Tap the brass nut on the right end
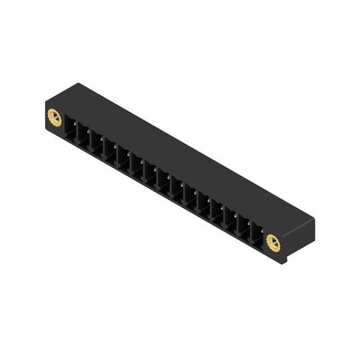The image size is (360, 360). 273,243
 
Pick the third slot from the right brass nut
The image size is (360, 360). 230,219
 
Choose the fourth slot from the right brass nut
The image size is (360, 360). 217,211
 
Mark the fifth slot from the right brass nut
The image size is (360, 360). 204,204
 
